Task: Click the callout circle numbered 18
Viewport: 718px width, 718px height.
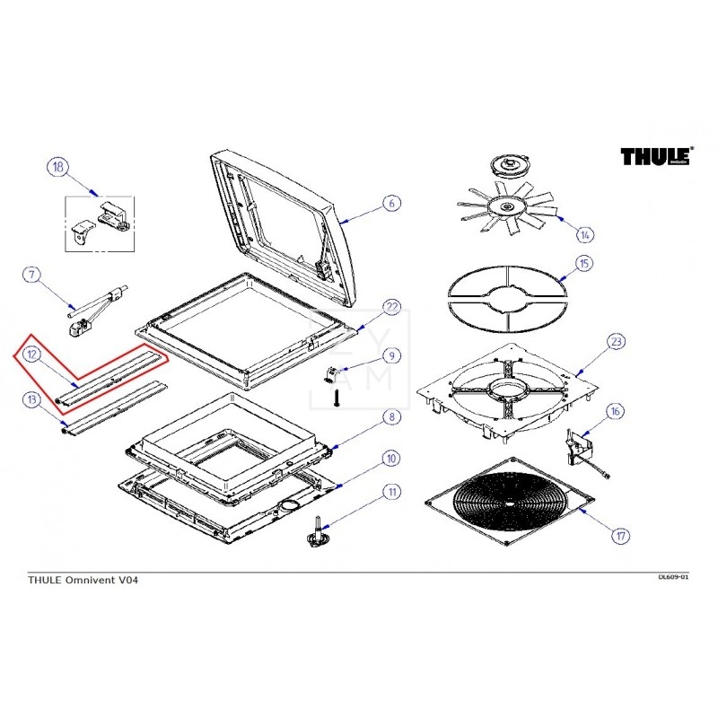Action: click(57, 167)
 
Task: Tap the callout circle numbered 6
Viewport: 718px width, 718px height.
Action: click(390, 203)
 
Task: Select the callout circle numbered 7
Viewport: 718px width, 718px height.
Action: click(31, 276)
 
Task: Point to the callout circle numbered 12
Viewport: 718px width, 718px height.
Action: click(31, 355)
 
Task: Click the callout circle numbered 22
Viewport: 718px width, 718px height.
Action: click(390, 308)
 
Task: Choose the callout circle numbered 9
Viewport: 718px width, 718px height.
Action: click(390, 356)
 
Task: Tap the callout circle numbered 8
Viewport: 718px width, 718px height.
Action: click(390, 416)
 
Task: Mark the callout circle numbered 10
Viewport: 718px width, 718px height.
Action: click(390, 459)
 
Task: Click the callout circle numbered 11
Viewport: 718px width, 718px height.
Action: click(390, 492)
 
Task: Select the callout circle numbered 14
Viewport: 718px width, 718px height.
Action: click(585, 235)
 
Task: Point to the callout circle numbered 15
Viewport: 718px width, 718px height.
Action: click(585, 265)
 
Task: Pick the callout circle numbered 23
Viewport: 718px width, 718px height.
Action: click(616, 342)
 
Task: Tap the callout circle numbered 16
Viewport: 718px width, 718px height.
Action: click(616, 412)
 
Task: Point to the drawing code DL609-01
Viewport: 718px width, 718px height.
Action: click(673, 576)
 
